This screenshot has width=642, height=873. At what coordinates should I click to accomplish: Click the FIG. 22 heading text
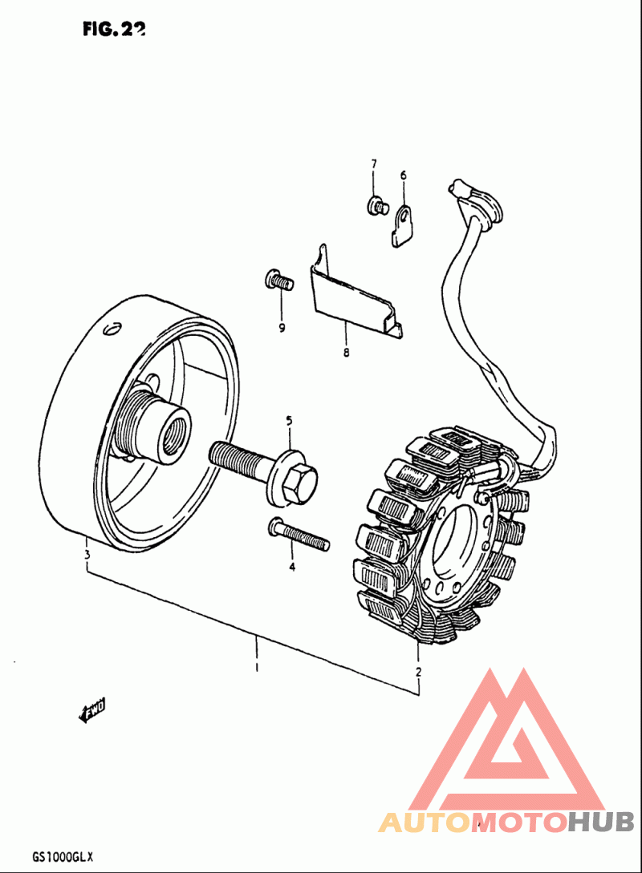(x=113, y=29)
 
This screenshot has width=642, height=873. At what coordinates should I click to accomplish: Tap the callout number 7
(x=373, y=164)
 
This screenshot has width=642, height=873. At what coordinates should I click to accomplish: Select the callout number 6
(x=403, y=175)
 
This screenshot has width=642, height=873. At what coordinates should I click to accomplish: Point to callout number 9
(x=282, y=327)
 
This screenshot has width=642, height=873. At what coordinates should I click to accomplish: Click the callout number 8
(x=346, y=352)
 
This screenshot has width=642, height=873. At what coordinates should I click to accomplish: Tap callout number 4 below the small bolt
(x=292, y=567)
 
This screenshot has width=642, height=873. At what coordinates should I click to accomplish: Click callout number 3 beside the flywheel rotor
(x=87, y=555)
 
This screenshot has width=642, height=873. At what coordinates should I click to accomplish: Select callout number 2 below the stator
(x=418, y=672)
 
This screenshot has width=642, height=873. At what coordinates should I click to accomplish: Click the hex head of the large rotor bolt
(x=301, y=481)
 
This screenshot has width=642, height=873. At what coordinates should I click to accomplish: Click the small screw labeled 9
(x=278, y=281)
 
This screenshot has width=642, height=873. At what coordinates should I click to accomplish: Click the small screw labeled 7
(x=376, y=207)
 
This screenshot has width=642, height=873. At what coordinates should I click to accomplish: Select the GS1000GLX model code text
(x=63, y=857)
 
